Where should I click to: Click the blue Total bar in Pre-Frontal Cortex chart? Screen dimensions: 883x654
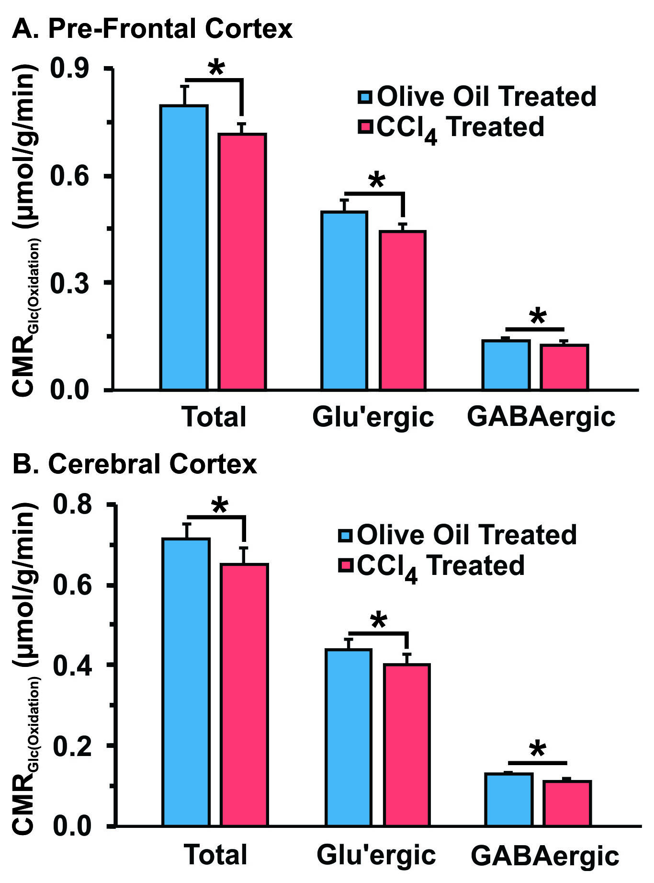tap(184, 247)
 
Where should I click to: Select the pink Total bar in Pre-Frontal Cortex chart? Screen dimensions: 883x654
tap(242, 261)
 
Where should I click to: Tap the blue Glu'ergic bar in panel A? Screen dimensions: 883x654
tap(345, 300)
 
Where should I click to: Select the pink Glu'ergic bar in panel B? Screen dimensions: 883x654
tap(407, 745)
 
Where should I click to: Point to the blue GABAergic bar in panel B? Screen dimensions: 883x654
tap(508, 799)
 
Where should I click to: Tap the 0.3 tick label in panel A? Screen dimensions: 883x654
tap(70, 283)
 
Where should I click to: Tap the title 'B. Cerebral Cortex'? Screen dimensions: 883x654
tap(135, 464)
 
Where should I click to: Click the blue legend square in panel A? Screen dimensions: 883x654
tap(365, 97)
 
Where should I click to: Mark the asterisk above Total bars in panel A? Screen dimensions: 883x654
tap(216, 68)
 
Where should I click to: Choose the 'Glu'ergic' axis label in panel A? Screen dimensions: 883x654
tap(373, 417)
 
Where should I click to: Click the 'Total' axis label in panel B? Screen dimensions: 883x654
tap(216, 855)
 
